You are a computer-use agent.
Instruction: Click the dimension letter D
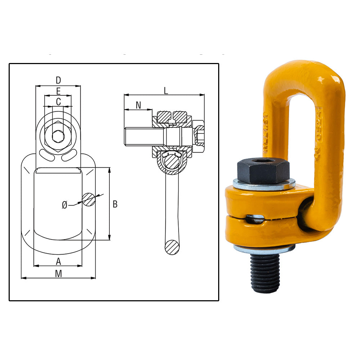click(x=58, y=80)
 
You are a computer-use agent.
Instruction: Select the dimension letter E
click(x=58, y=91)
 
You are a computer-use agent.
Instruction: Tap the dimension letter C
click(x=58, y=102)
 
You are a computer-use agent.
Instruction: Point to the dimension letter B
click(x=115, y=204)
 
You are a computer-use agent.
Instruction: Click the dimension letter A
click(x=58, y=261)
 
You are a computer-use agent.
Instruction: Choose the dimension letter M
click(x=58, y=273)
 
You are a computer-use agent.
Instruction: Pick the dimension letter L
click(x=166, y=90)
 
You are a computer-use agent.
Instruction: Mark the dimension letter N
click(x=138, y=105)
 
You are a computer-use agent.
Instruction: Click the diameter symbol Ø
click(x=64, y=205)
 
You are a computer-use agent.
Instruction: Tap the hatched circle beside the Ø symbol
click(x=89, y=199)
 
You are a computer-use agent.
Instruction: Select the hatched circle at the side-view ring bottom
click(x=172, y=247)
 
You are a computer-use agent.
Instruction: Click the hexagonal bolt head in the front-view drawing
click(x=58, y=136)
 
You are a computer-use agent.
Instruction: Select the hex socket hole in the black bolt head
click(x=263, y=160)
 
